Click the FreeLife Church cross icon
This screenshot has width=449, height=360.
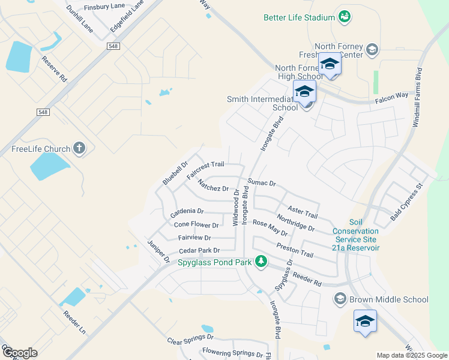point(79,148)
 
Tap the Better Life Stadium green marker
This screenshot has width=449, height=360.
point(344,17)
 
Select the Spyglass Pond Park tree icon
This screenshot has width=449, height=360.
point(261,261)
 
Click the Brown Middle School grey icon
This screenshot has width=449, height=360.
point(340,299)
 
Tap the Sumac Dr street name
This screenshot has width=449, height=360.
point(261,182)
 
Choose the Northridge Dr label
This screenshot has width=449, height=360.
point(295,223)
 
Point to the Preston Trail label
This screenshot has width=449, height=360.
point(295,250)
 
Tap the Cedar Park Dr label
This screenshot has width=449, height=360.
point(199,250)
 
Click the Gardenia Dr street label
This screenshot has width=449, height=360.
point(187,212)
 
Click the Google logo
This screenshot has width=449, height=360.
point(19,353)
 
